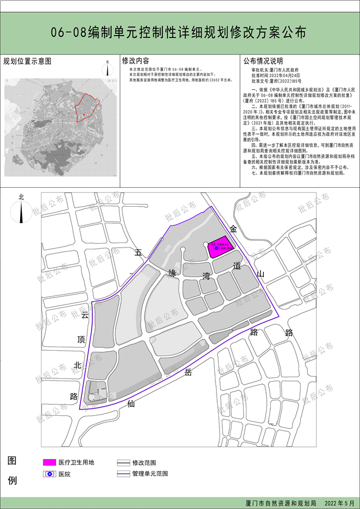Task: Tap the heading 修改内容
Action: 136,60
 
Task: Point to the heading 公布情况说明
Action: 263,60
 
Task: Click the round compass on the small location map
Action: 108,69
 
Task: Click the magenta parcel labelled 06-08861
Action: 219,246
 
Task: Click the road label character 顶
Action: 81,340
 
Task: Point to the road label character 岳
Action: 188,373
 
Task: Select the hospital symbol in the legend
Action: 50,474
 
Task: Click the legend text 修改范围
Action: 144,462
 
